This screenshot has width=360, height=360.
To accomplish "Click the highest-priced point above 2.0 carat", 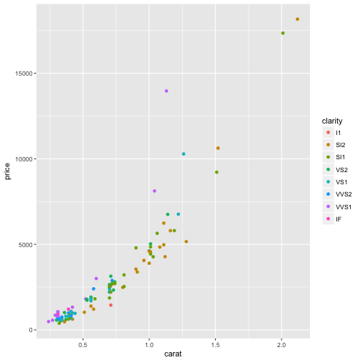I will pos(297,19).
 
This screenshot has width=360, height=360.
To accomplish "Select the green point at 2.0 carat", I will pos(283,33).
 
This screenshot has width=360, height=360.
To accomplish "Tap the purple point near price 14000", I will pos(166,91).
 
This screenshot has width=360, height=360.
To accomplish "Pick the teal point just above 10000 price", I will pos(184,154).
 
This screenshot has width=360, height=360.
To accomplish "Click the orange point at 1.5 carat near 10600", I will pos(218,148).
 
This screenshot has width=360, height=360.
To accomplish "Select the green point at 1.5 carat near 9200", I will pos(216,172).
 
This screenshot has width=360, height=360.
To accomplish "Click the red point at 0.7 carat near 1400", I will pos(111,305).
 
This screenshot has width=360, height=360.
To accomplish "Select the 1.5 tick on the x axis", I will pos(216,341).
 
